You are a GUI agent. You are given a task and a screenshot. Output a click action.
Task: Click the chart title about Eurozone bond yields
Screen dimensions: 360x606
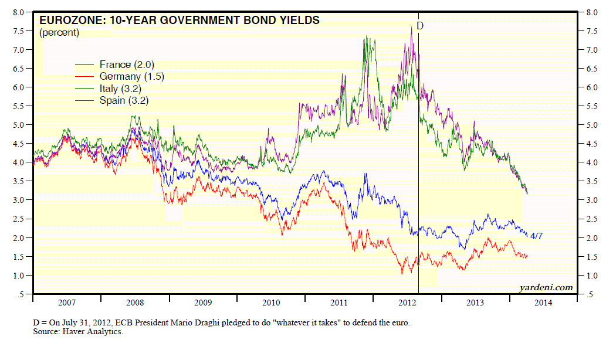point(179,21)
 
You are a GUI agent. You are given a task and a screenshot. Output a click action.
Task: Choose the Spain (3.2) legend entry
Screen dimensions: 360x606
point(124,101)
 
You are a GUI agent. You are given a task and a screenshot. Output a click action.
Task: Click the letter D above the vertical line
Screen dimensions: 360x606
point(419,26)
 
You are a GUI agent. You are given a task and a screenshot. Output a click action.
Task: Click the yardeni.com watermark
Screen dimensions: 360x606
point(546,287)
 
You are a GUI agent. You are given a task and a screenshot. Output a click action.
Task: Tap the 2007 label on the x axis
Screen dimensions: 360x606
point(66,303)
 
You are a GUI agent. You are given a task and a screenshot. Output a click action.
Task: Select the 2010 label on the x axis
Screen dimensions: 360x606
point(271,303)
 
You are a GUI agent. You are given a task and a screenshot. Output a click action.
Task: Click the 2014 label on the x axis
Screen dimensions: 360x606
point(543,303)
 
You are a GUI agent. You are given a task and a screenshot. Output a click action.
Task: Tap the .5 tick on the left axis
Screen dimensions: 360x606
point(21,294)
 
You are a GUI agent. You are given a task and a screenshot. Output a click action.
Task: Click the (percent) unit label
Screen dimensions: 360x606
point(59,33)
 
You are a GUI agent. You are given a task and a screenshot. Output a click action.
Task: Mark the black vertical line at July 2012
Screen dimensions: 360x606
point(418,176)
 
